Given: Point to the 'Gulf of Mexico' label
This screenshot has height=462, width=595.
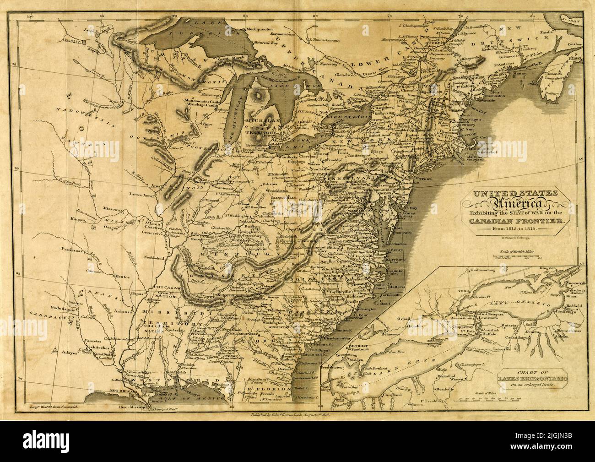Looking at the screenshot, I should pyautogui.click(x=200, y=399).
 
